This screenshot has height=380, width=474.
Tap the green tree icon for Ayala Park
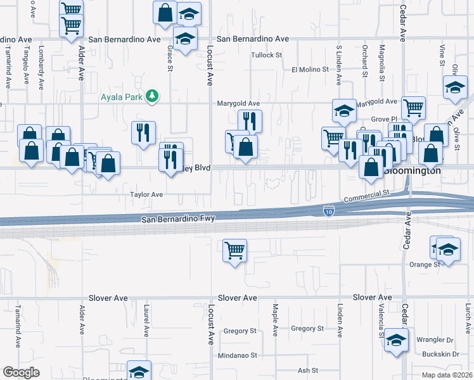coord(152,96)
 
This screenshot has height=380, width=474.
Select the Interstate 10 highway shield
coord(328,210)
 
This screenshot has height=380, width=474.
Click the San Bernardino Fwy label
coord(178,219)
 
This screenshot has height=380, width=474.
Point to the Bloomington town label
coord(414,171)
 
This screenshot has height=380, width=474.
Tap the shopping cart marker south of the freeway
coord(235,251)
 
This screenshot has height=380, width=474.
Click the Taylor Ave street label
coord(146,194)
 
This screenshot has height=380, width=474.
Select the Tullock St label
coord(266,55)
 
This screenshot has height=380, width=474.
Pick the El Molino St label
coord(311,70)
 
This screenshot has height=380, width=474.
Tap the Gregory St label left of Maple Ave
coord(240,331)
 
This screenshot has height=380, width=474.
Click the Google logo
coord(21,372)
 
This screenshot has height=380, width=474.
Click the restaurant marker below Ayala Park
coord(143,133)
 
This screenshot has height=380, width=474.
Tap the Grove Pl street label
coord(383,118)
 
